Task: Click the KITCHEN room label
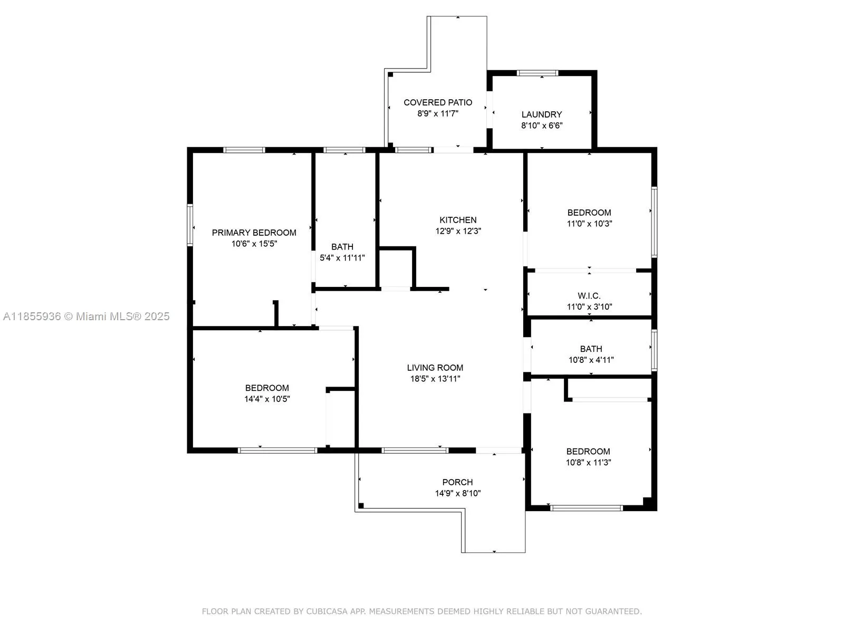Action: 457,220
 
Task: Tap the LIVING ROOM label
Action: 435,368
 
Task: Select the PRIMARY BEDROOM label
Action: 254,233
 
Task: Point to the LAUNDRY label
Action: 541,114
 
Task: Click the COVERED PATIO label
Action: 438,102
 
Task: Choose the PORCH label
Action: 457,482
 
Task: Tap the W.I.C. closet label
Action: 589,295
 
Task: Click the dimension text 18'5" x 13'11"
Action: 435,379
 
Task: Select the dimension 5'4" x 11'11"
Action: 342,257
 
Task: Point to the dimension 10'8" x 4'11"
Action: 591,360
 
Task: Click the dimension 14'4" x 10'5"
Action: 267,399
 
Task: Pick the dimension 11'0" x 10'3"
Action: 589,223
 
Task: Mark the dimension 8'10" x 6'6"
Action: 541,126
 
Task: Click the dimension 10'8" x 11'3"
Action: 588,463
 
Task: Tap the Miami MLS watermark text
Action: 86,316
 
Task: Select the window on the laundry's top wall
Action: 537,73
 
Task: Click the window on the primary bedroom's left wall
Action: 190,225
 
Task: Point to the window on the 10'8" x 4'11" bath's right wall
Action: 654,350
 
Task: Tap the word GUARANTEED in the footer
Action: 613,611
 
